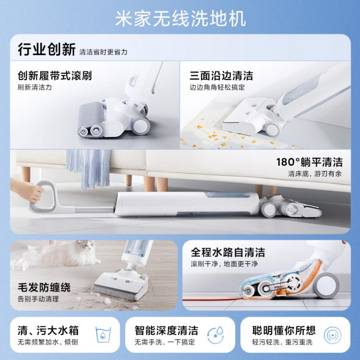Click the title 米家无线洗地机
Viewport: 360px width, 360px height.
click(x=180, y=18)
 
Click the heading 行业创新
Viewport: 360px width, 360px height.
click(x=46, y=50)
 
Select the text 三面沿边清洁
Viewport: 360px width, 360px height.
click(x=221, y=76)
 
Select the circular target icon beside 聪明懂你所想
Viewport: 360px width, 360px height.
click(x=332, y=336)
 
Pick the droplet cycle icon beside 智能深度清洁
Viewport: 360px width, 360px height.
click(x=216, y=336)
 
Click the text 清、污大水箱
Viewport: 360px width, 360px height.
click(x=48, y=330)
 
